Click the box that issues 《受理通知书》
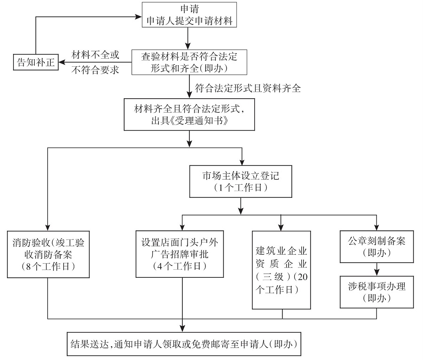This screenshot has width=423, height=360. [x=189, y=114]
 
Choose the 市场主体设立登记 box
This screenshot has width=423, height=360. [x=241, y=181]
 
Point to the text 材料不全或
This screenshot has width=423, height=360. [x=95, y=55]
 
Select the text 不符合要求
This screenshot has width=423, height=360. [x=95, y=70]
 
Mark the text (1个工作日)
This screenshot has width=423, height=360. [x=241, y=188]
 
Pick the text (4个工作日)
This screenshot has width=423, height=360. [x=181, y=266]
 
